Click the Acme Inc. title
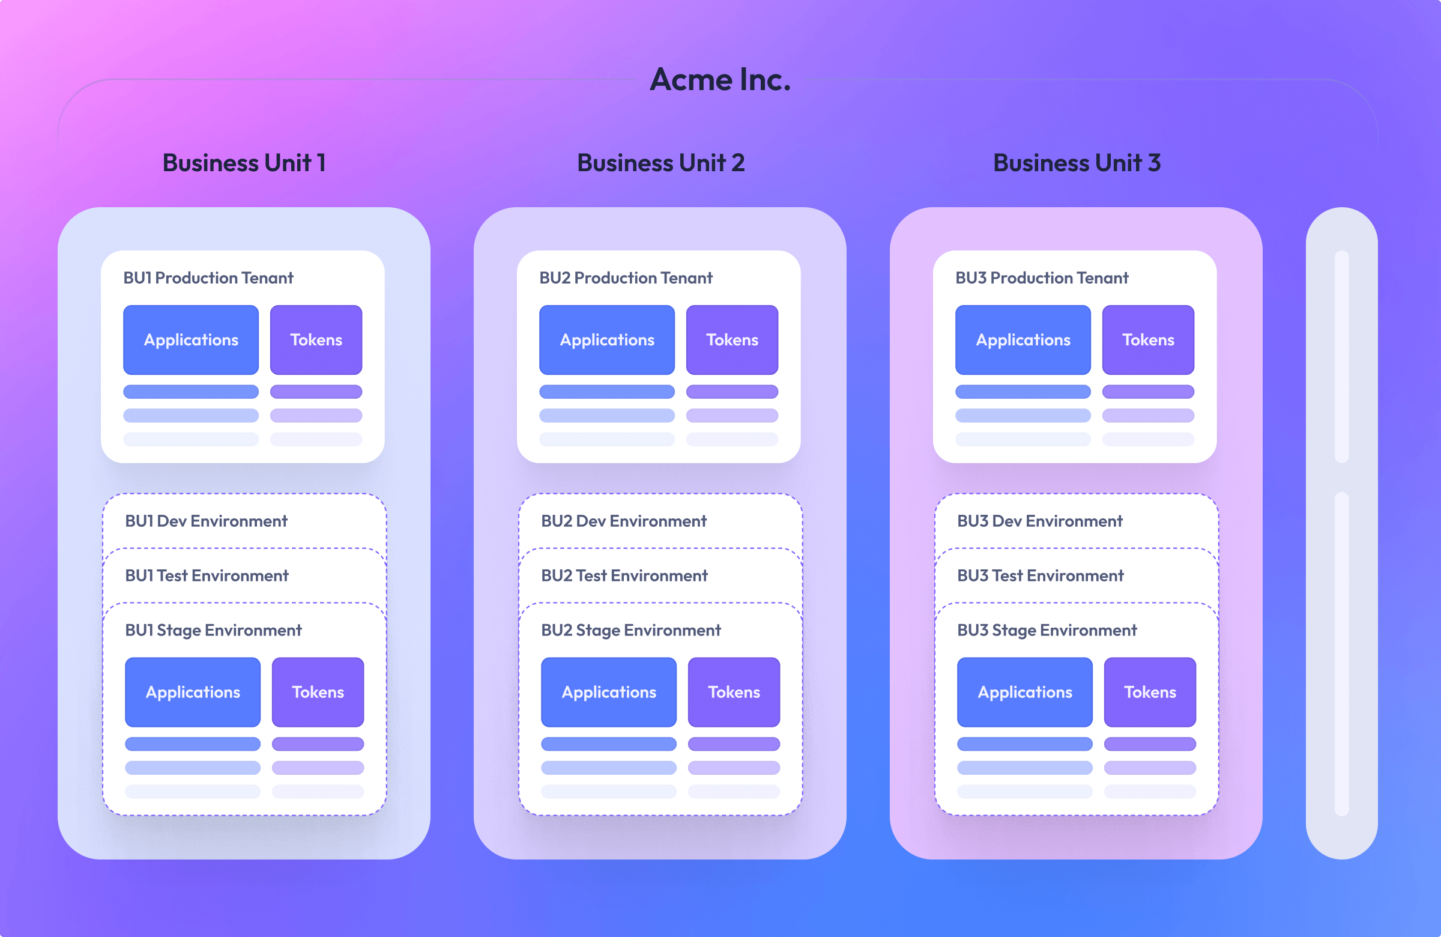tap(720, 79)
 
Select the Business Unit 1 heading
tap(244, 163)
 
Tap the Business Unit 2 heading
tap(660, 163)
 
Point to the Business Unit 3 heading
tap(1077, 163)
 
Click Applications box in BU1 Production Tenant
tap(191, 340)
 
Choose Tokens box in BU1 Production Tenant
tap(316, 340)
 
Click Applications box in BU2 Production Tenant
tap(606, 340)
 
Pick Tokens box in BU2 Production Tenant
tap(732, 340)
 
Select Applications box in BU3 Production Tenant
tap(1023, 340)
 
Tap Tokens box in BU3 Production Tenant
tap(1148, 340)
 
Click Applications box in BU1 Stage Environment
tap(193, 692)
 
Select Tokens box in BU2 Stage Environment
tap(734, 692)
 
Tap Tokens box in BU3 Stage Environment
tap(1150, 692)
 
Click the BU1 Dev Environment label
tap(206, 521)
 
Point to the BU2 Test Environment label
tap(624, 575)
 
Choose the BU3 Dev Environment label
tap(1039, 521)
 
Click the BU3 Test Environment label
tap(1040, 575)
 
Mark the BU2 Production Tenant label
tap(626, 277)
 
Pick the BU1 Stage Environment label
tap(213, 630)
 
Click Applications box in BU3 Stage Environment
tap(1024, 692)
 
